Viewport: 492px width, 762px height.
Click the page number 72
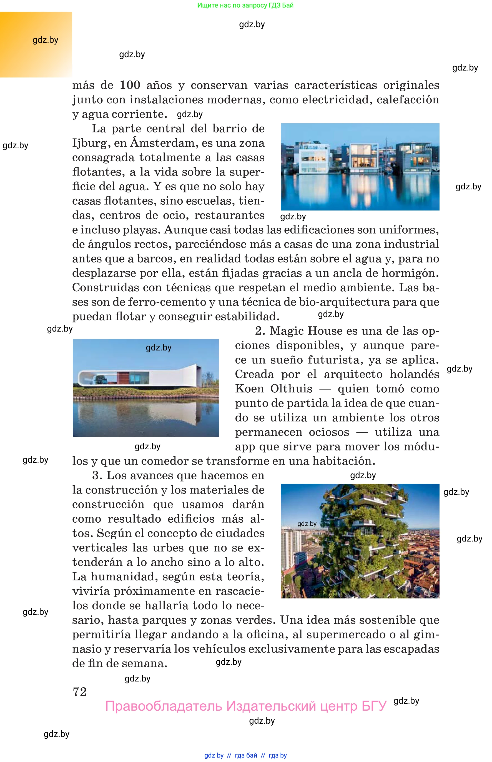coord(80,691)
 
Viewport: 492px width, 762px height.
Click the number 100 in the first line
coord(130,85)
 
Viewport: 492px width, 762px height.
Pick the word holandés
coord(414,374)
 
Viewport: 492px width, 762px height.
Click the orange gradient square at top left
coord(36,44)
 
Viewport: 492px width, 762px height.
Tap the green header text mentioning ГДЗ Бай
coord(245,5)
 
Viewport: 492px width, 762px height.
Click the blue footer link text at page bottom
coord(245,755)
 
